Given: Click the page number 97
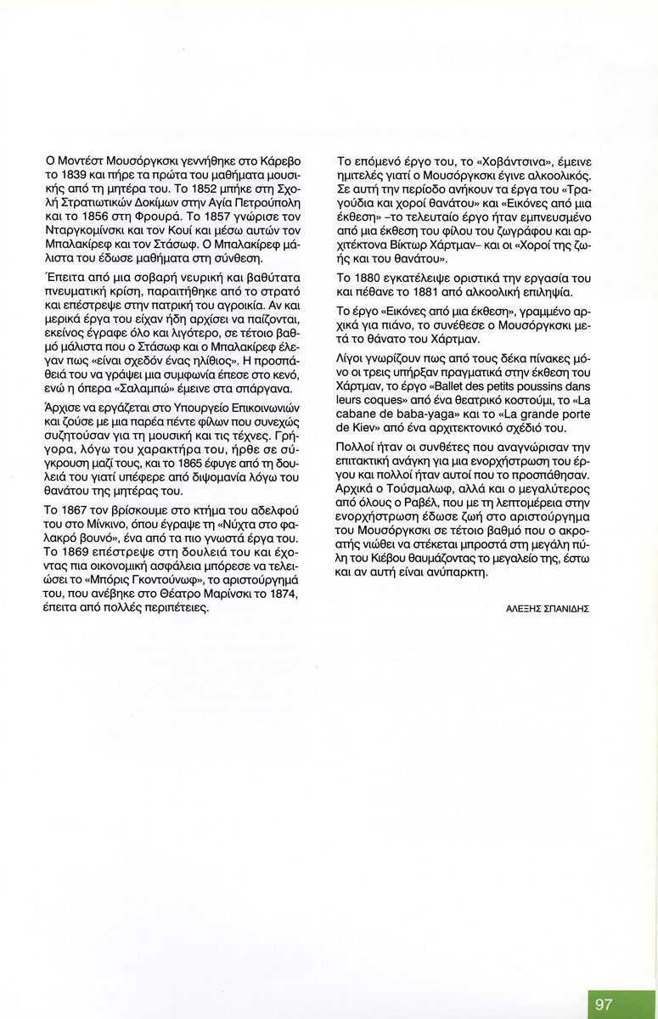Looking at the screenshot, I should tap(604, 1004).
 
